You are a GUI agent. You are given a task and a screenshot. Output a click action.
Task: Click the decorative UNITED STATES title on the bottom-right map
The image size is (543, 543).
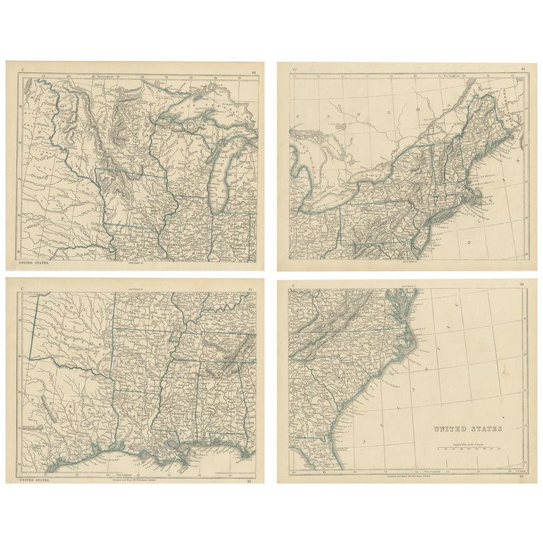pos(467,429)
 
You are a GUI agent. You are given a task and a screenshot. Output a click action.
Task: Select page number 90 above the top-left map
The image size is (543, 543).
pos(254,69)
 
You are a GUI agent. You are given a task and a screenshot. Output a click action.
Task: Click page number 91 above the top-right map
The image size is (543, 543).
pos(522,69)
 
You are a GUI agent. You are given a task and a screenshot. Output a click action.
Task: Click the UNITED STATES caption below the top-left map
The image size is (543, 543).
pos(35,263)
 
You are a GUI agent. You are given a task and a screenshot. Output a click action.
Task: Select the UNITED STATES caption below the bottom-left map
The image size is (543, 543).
pos(34,480)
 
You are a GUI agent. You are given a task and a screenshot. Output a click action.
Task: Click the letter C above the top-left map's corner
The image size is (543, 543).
pos(23,69)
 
